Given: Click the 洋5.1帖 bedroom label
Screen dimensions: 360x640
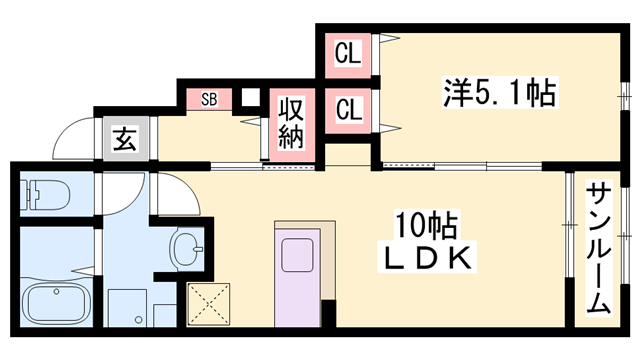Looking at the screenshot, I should pos(499,93).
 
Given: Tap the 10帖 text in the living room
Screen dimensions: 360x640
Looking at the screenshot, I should pos(421,222).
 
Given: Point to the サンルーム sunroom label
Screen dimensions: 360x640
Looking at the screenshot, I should pos(598,247).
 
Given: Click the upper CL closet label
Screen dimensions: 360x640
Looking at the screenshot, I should pos(347,51).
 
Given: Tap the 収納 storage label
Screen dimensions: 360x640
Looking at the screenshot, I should pos(290,123).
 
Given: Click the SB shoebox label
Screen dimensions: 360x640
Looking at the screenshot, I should pos(210,99).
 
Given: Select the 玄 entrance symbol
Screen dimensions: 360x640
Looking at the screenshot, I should pos(125,140).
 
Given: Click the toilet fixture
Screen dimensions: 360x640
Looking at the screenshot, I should pos(44,194).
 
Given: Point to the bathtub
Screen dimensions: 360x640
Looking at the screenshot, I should pos(56,304).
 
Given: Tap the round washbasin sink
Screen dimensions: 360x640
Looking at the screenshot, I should pos(186,247).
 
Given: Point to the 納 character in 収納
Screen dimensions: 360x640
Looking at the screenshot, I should pos(290,138).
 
